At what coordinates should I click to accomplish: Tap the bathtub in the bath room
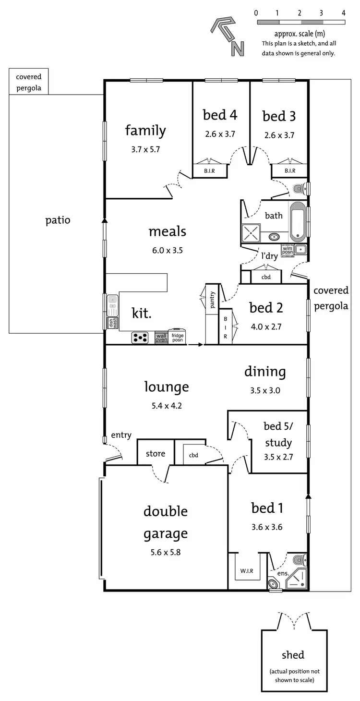[x=298, y=222]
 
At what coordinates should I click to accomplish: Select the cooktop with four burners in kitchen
[x=140, y=338]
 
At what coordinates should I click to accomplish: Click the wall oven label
[x=161, y=338]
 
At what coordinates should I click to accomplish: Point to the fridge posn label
[x=178, y=338]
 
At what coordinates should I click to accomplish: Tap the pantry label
[x=212, y=300]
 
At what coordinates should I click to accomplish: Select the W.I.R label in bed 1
[x=247, y=571]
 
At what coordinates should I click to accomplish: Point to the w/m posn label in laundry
[x=287, y=250]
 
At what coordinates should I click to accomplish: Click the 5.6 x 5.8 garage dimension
[x=165, y=552]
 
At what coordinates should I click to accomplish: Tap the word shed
[x=293, y=655]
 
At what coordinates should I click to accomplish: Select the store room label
[x=156, y=453]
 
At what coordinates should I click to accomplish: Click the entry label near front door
[x=121, y=435]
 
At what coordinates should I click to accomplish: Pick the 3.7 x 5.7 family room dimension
[x=145, y=149]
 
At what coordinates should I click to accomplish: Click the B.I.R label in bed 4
[x=209, y=170]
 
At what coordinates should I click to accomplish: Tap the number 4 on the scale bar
[x=343, y=13]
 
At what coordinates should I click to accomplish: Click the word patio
[x=58, y=220]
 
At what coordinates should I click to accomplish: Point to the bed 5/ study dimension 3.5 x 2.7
[x=278, y=457]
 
